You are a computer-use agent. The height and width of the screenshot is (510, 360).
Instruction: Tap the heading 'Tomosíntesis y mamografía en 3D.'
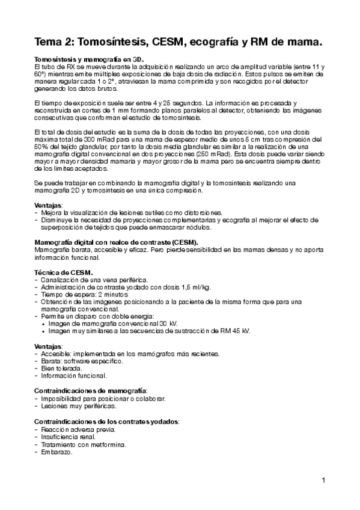[90, 60]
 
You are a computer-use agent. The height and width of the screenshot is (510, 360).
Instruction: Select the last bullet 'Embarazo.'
[58, 452]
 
